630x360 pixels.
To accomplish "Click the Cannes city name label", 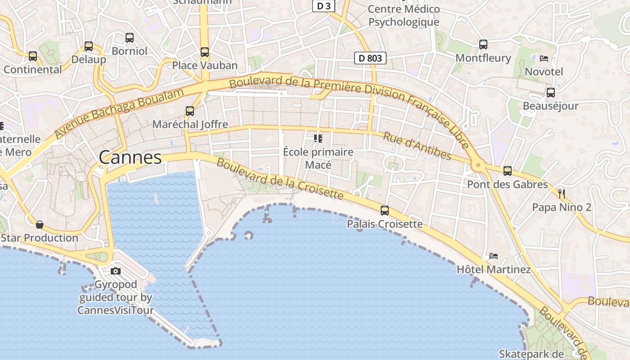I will [x=130, y=157].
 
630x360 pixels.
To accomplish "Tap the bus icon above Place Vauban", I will [x=205, y=52].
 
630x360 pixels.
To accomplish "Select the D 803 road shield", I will [x=370, y=58].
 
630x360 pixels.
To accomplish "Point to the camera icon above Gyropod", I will [x=116, y=271].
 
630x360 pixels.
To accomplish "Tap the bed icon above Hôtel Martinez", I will [x=494, y=256].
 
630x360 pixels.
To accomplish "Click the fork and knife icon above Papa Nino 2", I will [x=562, y=194].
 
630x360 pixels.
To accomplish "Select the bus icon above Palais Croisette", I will [x=385, y=210].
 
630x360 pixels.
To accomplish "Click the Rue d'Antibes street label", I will [x=417, y=145].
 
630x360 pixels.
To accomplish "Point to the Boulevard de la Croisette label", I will [x=280, y=179].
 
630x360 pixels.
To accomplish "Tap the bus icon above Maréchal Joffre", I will [x=190, y=111].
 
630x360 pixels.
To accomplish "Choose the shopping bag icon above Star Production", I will [x=40, y=224].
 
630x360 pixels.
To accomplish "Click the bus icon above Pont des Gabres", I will [x=508, y=171].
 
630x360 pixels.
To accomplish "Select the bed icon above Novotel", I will [x=544, y=58].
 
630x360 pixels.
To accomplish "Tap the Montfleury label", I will [x=483, y=58].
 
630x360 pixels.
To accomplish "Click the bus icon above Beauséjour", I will [x=551, y=93].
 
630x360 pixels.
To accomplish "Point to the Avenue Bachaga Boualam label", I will [x=119, y=113].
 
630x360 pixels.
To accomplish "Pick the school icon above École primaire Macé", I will [x=318, y=138].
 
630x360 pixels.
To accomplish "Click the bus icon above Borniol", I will [x=130, y=38].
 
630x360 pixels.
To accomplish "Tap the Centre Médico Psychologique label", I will [x=404, y=15].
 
